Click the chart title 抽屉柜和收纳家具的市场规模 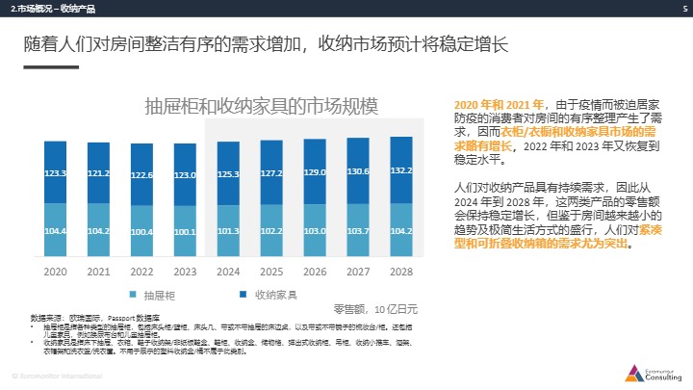260,105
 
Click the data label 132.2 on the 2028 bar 401,169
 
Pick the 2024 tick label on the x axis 228,273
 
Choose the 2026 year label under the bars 315,273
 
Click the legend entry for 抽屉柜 155,294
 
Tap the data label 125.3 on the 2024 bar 228,174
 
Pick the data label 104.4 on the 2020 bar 56,231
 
